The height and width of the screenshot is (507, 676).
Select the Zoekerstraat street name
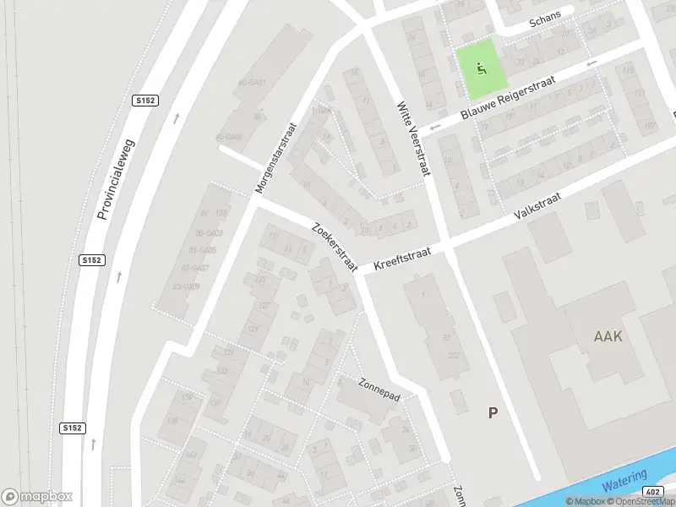point(335,248)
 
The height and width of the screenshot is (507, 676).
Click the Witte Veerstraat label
point(413,139)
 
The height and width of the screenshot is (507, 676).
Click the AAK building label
point(608,336)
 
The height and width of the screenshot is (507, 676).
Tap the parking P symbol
point(493,412)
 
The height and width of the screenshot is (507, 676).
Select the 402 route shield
point(651,492)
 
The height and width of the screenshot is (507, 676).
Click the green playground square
point(482,68)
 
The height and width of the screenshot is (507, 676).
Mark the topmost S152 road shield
point(146,100)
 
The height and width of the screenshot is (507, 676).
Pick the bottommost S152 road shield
point(73,428)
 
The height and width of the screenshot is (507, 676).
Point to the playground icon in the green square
point(482,68)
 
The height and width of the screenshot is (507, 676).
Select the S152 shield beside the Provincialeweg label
point(92,260)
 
